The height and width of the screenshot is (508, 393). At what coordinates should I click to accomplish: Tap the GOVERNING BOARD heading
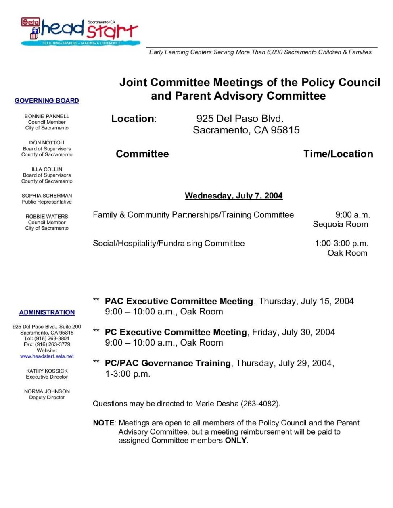(x=47, y=101)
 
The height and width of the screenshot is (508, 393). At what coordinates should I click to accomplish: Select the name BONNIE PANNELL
(x=47, y=116)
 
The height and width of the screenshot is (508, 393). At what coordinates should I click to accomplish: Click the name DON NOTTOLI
(x=47, y=143)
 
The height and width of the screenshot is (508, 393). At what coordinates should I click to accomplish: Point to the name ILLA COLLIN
(x=47, y=169)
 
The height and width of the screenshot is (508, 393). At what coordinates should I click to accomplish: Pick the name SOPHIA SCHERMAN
(x=47, y=196)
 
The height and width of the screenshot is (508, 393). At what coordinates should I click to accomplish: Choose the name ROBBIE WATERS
(x=47, y=217)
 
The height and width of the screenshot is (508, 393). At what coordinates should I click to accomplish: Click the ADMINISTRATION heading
(x=47, y=312)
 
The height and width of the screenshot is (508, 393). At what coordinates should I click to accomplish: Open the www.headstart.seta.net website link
(x=47, y=356)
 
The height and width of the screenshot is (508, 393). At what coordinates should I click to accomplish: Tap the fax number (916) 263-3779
(x=52, y=344)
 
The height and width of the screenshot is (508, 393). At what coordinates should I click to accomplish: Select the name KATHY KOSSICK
(x=47, y=371)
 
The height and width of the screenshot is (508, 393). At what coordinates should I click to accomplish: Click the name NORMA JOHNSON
(x=47, y=391)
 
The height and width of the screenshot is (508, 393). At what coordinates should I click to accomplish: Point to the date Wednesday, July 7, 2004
(x=234, y=196)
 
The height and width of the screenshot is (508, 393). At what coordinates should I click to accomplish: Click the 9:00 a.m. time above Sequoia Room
(x=352, y=215)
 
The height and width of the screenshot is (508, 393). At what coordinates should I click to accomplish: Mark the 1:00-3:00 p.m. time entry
(x=341, y=244)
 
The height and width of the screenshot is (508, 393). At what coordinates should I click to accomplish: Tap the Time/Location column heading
(x=338, y=154)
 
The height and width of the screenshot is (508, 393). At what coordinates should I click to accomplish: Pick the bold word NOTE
(x=104, y=423)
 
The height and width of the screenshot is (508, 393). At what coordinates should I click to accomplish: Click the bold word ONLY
(x=236, y=441)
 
